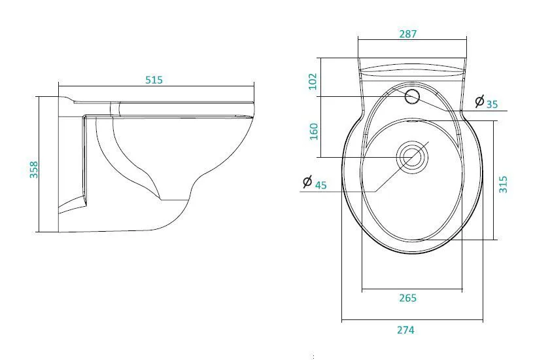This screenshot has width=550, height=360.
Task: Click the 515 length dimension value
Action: pos(154,80)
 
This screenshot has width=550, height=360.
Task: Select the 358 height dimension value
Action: pos(33,170)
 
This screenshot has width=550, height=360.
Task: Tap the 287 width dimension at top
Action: pos(408,34)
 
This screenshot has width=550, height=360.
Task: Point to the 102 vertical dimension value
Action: pos(313,81)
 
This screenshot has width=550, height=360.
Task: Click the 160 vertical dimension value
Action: pos(313,132)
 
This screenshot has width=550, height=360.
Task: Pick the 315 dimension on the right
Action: pos(503,185)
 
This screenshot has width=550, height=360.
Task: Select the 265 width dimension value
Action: pos(408,298)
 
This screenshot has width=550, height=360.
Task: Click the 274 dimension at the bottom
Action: pos(406,330)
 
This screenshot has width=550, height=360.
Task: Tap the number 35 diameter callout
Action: pos(492,104)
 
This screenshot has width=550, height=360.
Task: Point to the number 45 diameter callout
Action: pos(320,185)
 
